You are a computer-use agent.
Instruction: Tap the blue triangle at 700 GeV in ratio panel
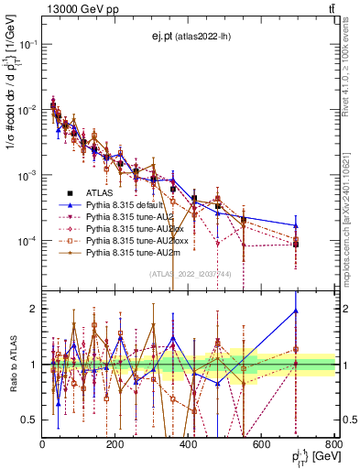(296, 311)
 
